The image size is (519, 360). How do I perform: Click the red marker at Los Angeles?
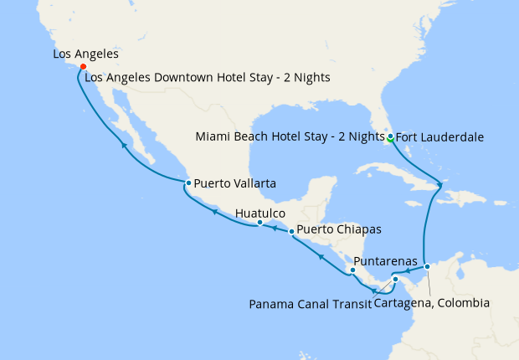point(83,67)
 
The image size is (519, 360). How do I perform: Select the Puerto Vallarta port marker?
point(188,183)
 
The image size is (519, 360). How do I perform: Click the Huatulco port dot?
point(259,223)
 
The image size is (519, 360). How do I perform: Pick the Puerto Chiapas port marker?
point(291,230)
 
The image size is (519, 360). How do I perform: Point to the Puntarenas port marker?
point(352,270)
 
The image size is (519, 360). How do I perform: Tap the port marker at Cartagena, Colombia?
point(427,266)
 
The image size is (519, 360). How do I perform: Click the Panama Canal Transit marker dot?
point(395,280)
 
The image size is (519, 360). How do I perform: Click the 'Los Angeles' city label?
point(85,54)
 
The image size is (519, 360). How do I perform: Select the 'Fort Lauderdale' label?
point(440,136)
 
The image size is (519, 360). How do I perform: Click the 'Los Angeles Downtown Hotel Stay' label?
point(208,78)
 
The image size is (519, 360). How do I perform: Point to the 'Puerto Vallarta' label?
point(235,183)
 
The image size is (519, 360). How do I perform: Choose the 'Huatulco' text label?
point(260,213)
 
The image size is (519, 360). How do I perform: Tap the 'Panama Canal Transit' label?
point(310,303)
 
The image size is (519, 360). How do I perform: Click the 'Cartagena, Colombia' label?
point(432,303)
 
